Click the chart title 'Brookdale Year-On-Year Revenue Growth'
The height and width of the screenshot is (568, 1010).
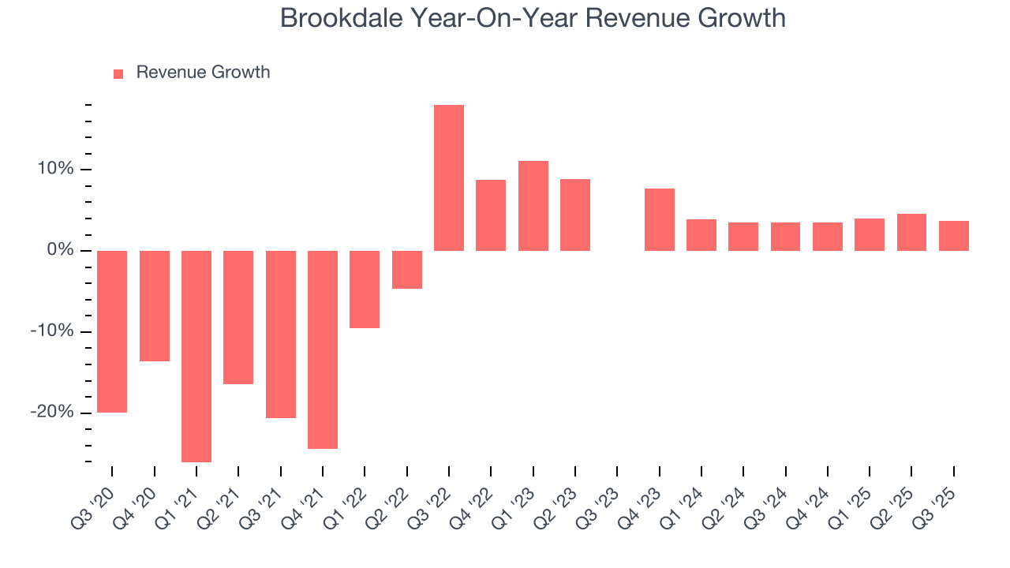point(533,18)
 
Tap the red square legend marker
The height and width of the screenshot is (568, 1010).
point(118,73)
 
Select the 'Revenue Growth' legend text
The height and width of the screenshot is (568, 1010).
point(203,73)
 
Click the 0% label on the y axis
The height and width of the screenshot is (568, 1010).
point(62,251)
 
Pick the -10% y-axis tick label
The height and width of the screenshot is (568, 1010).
point(54,331)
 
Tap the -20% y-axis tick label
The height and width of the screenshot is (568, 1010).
point(54,413)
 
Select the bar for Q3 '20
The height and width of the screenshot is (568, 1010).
point(112,331)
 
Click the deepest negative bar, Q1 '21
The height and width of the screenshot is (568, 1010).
point(196,356)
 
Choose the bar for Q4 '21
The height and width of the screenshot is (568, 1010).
point(323,349)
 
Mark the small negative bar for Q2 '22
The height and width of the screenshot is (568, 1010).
point(407,270)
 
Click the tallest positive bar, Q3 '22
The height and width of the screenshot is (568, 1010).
point(449,177)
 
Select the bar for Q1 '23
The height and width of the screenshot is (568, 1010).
point(533,206)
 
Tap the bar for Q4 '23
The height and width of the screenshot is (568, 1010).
point(660,219)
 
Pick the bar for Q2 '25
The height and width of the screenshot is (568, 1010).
point(911,232)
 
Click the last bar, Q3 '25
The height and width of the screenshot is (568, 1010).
point(954,236)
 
